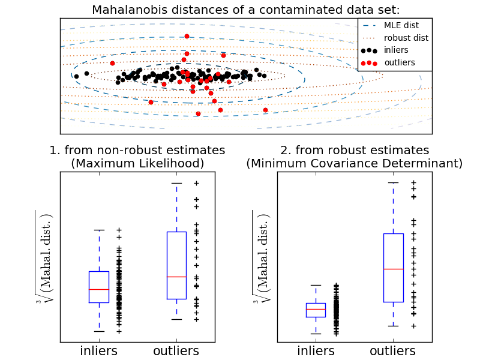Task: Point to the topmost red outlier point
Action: (187, 37)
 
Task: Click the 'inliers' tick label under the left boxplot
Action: (99, 350)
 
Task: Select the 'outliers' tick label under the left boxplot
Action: (176, 350)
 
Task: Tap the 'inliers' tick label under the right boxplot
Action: (316, 350)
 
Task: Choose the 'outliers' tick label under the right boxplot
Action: (393, 350)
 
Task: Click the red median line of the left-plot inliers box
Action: (99, 289)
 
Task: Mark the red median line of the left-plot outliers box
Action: (176, 277)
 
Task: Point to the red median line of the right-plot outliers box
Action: (393, 269)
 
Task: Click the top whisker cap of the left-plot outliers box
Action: (176, 183)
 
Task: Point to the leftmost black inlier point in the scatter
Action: (76, 76)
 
